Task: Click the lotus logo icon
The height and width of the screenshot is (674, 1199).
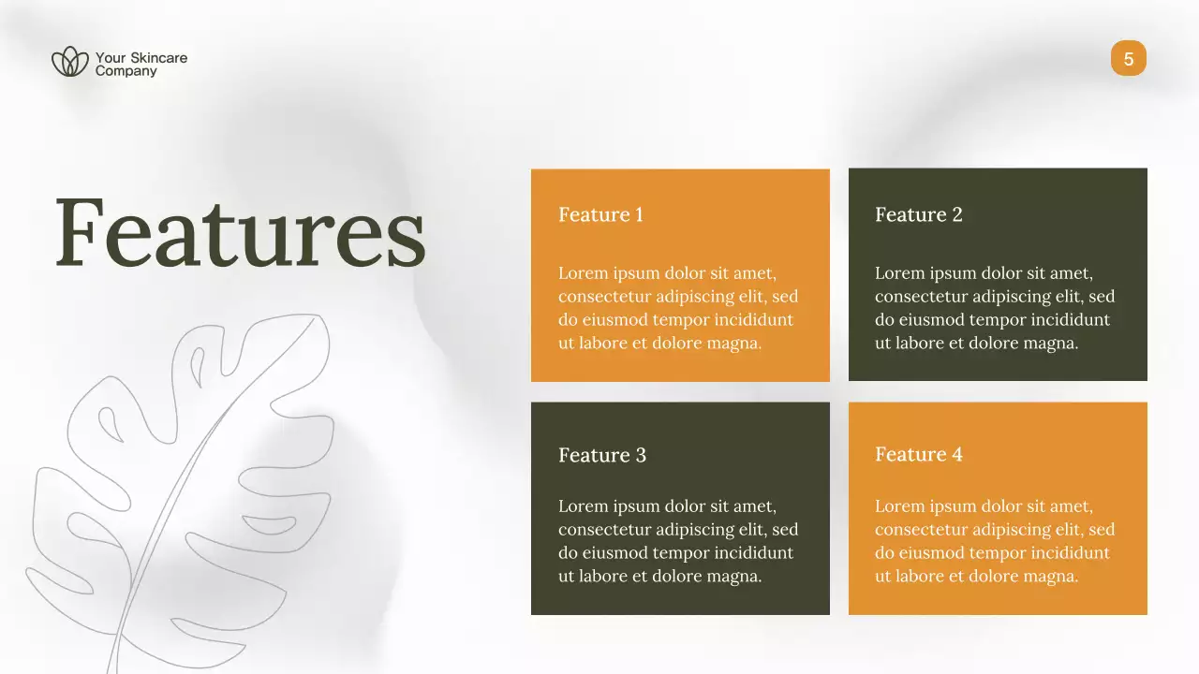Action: coord(70,62)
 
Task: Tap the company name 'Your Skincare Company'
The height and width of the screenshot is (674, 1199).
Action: coord(141,64)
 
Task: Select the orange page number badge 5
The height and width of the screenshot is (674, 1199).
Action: coord(1128,59)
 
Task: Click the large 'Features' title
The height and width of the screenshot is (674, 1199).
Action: coord(240,233)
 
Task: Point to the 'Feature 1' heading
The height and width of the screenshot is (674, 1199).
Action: coord(600,214)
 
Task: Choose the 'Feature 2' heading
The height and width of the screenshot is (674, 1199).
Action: coord(918,214)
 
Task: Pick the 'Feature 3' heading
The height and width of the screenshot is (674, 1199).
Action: coord(602,455)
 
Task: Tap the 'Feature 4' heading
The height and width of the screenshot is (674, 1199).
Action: coord(918,454)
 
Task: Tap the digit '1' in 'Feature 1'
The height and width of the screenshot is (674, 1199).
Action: coord(639,214)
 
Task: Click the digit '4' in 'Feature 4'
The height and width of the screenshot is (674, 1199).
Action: coord(956,454)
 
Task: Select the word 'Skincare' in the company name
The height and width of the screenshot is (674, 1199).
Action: coord(158,58)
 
